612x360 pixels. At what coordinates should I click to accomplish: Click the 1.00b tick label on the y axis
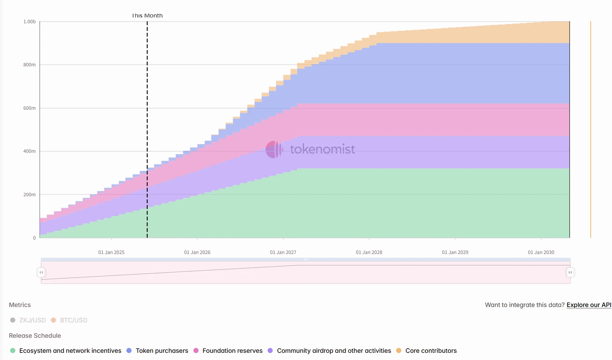(x=29, y=22)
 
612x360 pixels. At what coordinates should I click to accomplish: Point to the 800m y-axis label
(x=29, y=65)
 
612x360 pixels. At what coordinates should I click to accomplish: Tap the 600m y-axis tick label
(x=29, y=108)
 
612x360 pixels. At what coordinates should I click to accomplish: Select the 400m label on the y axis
(x=29, y=151)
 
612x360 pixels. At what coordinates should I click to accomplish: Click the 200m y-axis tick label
(x=29, y=195)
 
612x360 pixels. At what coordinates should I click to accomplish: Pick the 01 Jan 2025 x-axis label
(x=111, y=252)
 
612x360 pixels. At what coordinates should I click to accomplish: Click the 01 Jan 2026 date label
(x=197, y=252)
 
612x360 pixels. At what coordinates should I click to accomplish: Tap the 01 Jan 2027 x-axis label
(x=283, y=252)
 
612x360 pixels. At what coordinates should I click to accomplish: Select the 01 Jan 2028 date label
(x=369, y=252)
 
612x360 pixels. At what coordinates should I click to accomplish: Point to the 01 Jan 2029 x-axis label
(x=455, y=252)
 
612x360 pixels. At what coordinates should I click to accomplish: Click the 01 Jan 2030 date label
(x=541, y=252)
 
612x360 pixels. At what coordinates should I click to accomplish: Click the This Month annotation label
(x=147, y=16)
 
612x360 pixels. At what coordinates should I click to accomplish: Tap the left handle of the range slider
(x=41, y=272)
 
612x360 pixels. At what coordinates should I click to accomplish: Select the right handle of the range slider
(x=570, y=272)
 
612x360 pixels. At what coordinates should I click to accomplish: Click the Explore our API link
(x=589, y=305)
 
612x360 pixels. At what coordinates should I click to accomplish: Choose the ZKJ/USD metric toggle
(x=28, y=320)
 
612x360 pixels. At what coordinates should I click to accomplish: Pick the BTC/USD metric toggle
(x=69, y=320)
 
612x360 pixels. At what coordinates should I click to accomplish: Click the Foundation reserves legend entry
(x=228, y=351)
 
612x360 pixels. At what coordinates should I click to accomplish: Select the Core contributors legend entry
(x=427, y=351)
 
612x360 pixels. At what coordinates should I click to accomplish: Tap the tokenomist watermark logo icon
(x=274, y=149)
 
